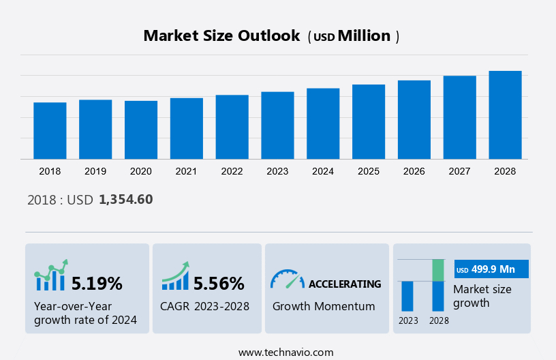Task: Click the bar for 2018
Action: click(x=50, y=131)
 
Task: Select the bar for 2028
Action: click(x=505, y=115)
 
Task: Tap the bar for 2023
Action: click(x=277, y=125)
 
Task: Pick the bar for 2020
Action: click(x=141, y=130)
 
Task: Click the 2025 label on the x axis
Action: click(x=368, y=171)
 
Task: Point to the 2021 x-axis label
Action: click(x=186, y=171)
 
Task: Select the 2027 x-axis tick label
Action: click(x=459, y=171)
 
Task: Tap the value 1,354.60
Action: click(x=125, y=200)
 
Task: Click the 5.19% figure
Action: click(x=97, y=284)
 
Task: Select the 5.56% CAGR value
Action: click(x=219, y=284)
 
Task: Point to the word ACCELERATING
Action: click(x=345, y=284)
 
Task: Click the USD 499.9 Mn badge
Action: click(x=491, y=270)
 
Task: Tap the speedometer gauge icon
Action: click(x=287, y=279)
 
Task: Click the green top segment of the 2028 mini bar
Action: click(x=438, y=270)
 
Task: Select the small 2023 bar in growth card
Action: click(x=407, y=296)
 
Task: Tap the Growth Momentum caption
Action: click(x=324, y=306)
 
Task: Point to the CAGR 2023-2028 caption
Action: click(x=204, y=306)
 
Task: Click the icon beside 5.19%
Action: click(x=51, y=275)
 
